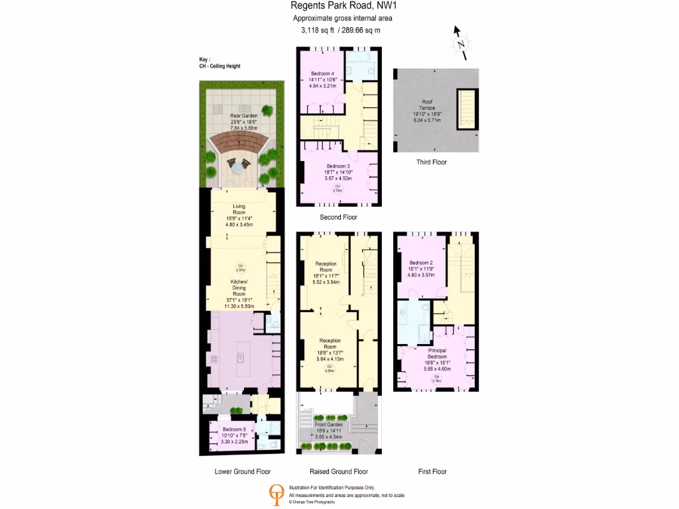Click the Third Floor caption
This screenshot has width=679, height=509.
click(x=432, y=162)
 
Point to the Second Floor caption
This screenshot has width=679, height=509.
click(x=338, y=217)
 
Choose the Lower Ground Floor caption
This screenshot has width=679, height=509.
click(x=243, y=472)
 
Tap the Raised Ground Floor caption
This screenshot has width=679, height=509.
click(x=339, y=472)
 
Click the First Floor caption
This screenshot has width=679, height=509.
click(x=432, y=472)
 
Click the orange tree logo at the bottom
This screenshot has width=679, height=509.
click(x=276, y=494)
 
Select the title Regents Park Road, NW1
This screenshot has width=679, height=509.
click(x=340, y=7)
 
